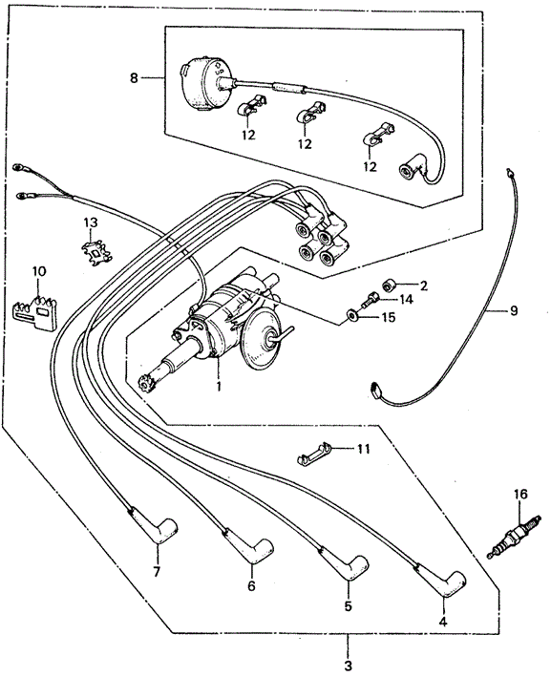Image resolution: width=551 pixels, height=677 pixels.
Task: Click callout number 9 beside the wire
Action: pyautogui.click(x=513, y=310)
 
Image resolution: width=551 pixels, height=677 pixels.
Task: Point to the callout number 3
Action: pyautogui.click(x=348, y=664)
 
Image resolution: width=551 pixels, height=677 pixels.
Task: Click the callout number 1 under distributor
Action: pyautogui.click(x=218, y=387)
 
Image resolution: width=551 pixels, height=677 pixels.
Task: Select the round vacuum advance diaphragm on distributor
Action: pyautogui.click(x=263, y=345)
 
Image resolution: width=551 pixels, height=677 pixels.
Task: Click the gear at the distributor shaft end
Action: pyautogui.click(x=146, y=386)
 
